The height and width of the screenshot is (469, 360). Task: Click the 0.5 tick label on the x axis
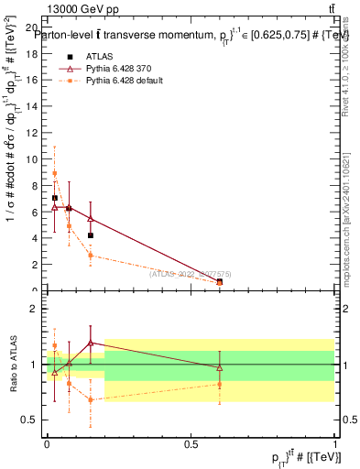point(191,443)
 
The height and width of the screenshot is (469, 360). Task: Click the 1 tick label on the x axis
point(335,443)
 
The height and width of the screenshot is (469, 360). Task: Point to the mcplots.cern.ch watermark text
point(349,220)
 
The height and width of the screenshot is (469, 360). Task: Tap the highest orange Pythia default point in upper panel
point(55,173)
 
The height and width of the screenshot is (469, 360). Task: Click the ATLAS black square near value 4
point(91,235)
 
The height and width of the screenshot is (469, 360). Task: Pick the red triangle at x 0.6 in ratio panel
point(219,367)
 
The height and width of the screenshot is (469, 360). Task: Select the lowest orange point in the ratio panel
point(91,399)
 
